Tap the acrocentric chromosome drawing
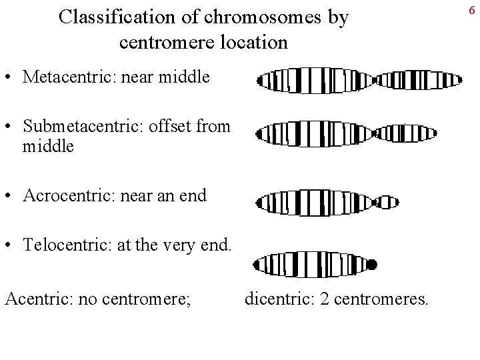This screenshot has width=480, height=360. click(x=327, y=202)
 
